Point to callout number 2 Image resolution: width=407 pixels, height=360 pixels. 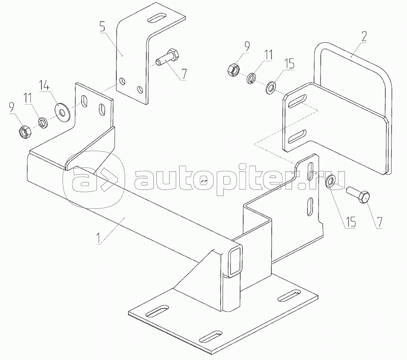[x=364, y=37]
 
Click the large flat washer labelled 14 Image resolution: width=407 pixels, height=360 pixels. [x=62, y=112]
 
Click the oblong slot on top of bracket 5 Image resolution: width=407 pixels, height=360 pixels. [x=157, y=19]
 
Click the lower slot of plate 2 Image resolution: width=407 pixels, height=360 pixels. [x=297, y=136]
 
